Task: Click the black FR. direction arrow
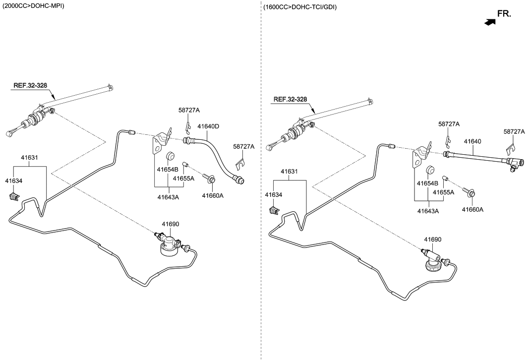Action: click(490, 22)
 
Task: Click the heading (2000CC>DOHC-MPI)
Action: click(33, 5)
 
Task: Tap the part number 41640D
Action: click(208, 126)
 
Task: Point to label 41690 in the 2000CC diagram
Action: click(170, 224)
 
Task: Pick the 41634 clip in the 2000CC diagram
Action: click(13, 197)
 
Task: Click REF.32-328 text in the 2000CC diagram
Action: click(30, 85)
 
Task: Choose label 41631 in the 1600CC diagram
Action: click(289, 172)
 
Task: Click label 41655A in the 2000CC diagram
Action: click(183, 178)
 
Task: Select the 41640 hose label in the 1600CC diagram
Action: click(472, 141)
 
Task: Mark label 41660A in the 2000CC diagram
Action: click(213, 195)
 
